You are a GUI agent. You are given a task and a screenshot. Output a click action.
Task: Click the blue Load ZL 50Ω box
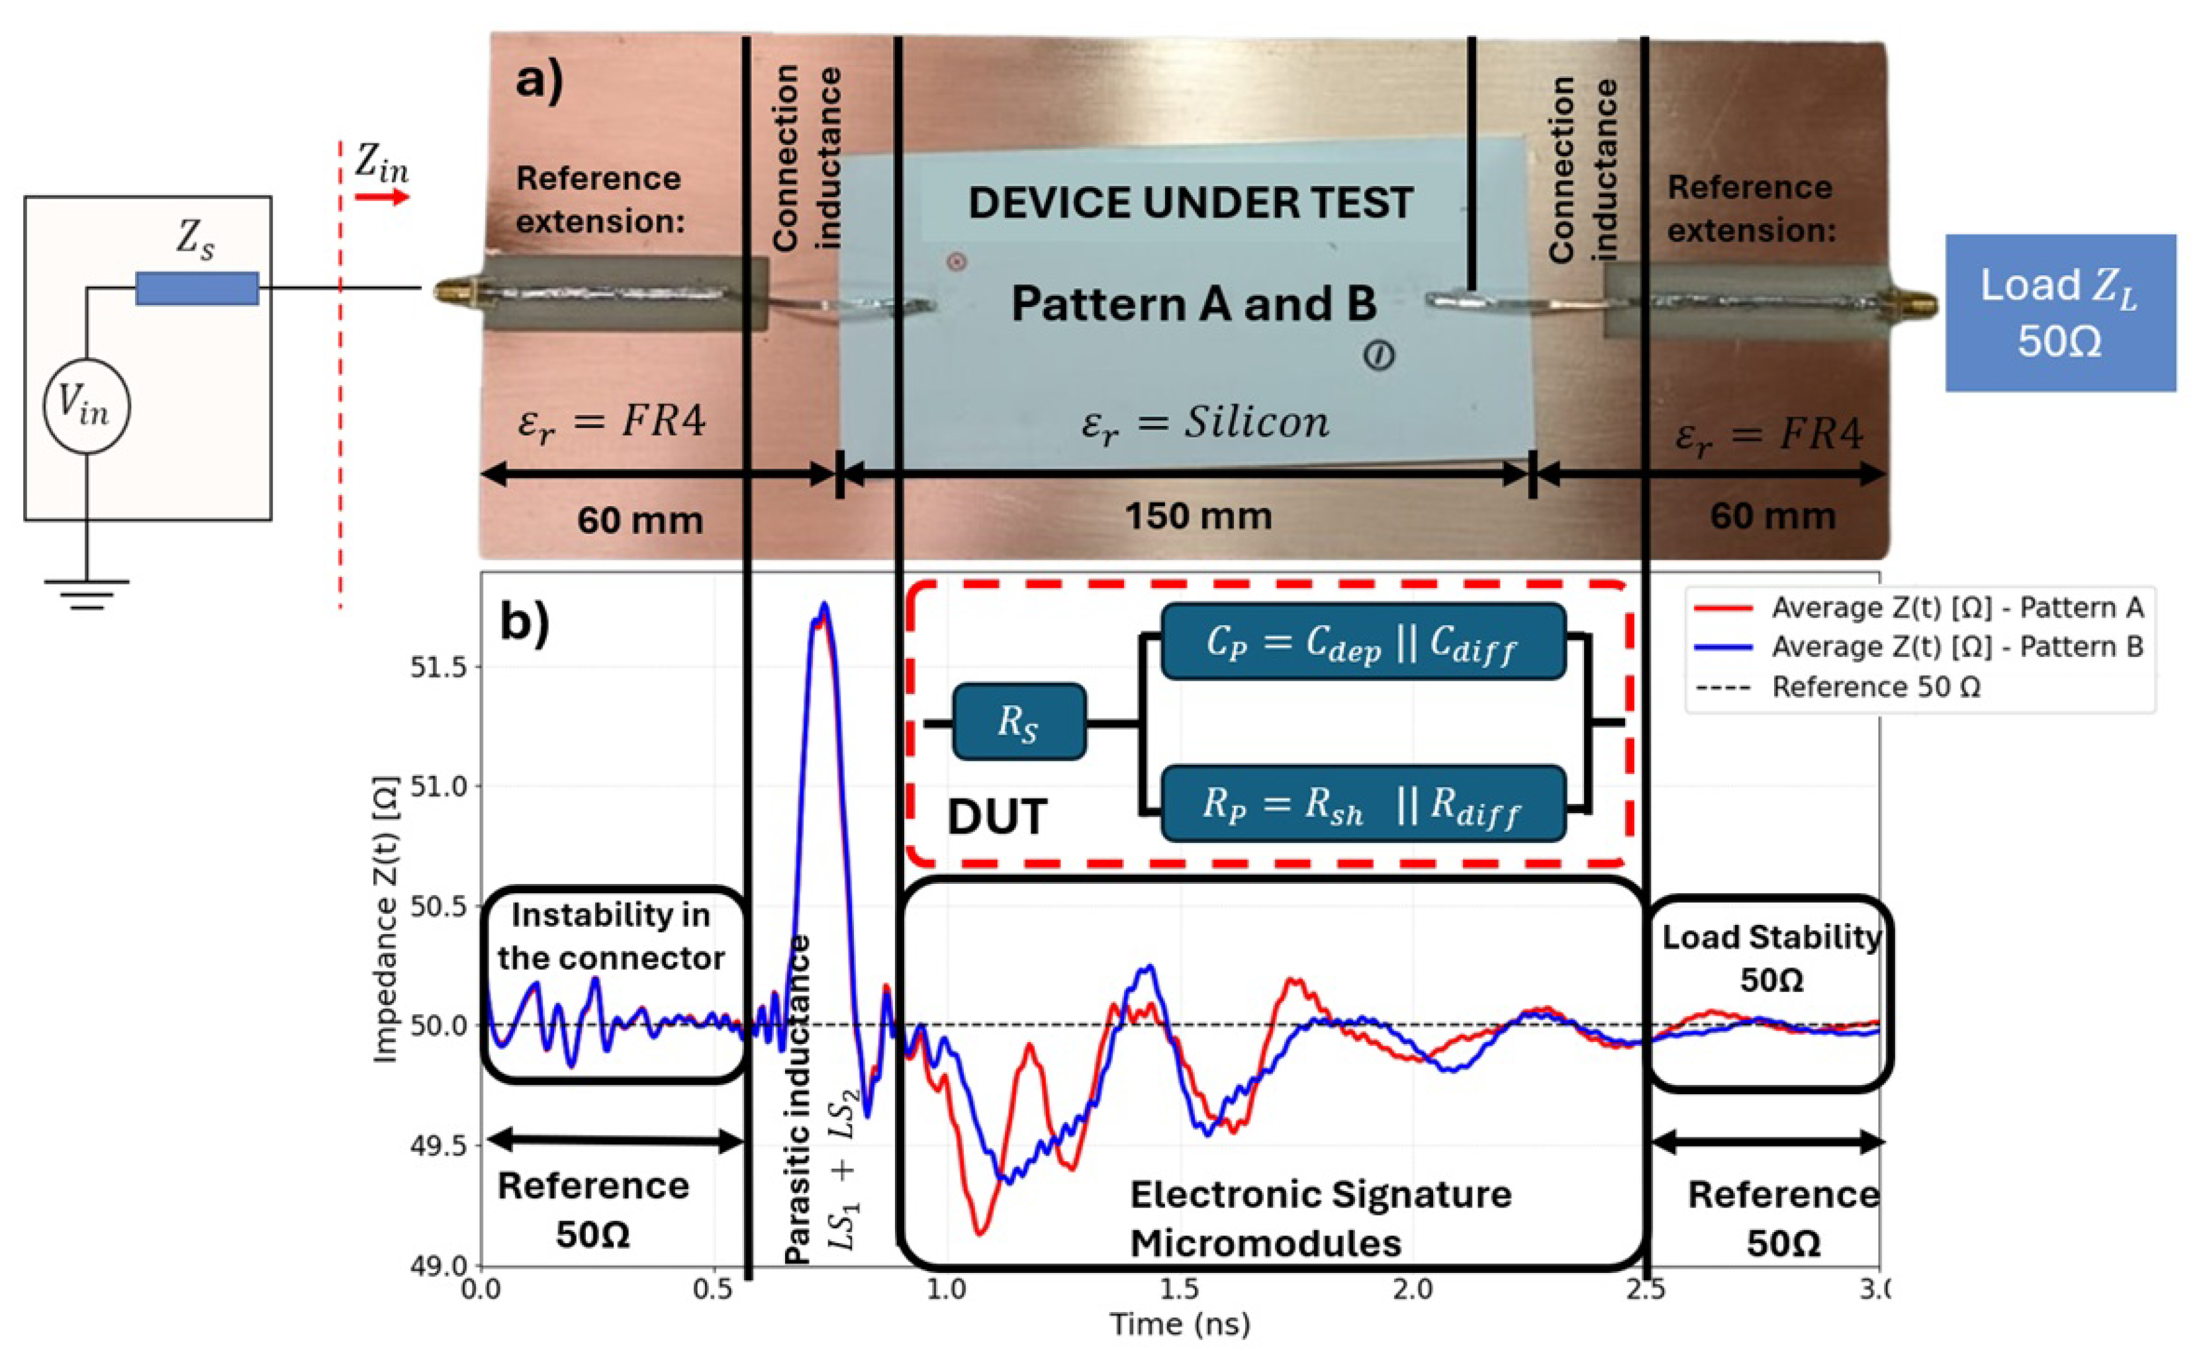pyautogui.click(x=2059, y=312)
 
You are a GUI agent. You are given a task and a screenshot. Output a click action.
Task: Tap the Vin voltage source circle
pyautogui.click(x=86, y=406)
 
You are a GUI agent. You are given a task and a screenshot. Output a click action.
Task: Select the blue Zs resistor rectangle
pyautogui.click(x=197, y=288)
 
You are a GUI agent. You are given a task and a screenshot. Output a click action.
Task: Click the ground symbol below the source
pyautogui.click(x=86, y=592)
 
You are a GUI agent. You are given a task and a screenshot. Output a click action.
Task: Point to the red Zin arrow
pyautogui.click(x=381, y=197)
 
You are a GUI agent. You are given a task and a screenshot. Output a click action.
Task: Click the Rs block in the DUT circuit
pyautogui.click(x=1018, y=722)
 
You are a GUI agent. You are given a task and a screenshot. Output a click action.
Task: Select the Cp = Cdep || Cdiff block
pyautogui.click(x=1363, y=642)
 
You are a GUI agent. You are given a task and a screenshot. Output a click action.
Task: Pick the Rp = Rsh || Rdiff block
pyautogui.click(x=1363, y=803)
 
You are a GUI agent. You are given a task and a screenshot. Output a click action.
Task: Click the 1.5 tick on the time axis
pyautogui.click(x=1179, y=1290)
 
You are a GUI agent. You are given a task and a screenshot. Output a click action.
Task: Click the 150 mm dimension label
pyautogui.click(x=1197, y=516)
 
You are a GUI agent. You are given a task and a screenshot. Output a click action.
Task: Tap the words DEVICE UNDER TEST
pyautogui.click(x=1190, y=204)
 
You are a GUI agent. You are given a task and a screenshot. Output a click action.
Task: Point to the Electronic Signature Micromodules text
pyautogui.click(x=1320, y=1219)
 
